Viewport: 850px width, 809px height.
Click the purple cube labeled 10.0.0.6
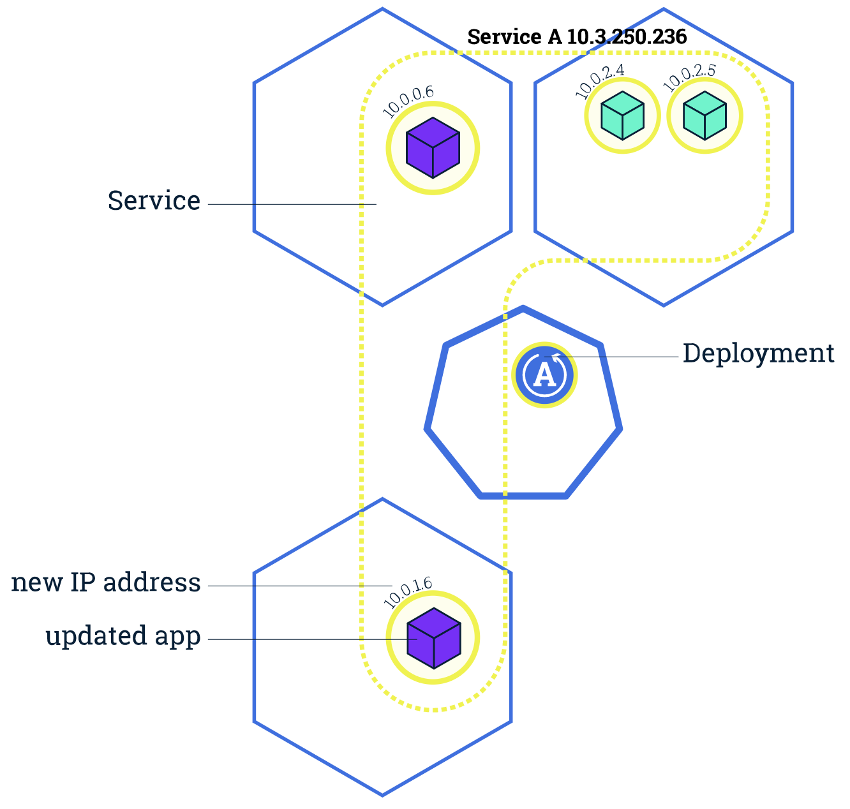(x=433, y=148)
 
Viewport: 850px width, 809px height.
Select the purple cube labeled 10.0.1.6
(x=433, y=638)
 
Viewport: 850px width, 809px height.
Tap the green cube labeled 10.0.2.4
(x=622, y=115)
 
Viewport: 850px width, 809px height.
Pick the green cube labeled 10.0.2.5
(x=705, y=115)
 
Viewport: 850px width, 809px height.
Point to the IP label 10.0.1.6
(x=407, y=592)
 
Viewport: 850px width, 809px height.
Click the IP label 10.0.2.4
(x=600, y=81)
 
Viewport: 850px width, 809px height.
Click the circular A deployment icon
(x=544, y=375)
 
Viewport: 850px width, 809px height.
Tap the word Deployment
(x=758, y=353)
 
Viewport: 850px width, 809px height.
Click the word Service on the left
(x=154, y=201)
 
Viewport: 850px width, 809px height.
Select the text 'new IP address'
(x=106, y=583)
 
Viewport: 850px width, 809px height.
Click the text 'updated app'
(x=123, y=637)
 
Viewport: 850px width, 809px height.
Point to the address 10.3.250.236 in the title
(x=627, y=37)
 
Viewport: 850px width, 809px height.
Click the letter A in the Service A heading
(x=554, y=37)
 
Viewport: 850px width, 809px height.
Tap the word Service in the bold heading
(x=504, y=37)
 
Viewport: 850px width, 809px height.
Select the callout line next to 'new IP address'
(x=300, y=586)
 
